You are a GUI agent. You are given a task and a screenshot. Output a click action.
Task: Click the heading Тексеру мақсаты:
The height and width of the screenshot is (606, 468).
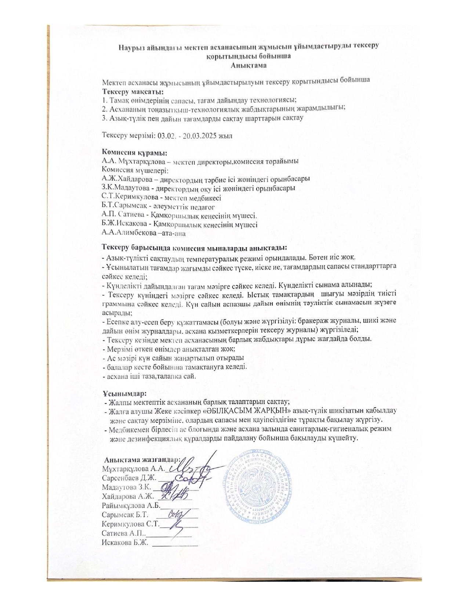pos(133,91)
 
